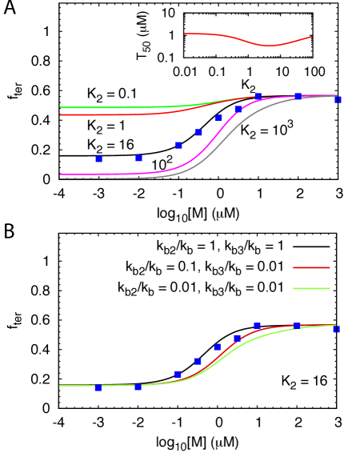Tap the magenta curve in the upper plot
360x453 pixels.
120,174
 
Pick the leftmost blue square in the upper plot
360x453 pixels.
98,159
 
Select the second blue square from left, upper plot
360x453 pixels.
138,158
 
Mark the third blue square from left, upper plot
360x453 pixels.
178,146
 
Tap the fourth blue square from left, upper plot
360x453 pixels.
198,132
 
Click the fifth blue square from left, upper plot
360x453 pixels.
218,118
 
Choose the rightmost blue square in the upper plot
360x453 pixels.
338,100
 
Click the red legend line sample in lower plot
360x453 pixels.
311,267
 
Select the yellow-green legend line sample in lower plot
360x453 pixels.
311,288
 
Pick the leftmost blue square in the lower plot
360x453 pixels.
98,388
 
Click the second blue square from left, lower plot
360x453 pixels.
138,387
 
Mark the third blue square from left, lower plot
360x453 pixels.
178,374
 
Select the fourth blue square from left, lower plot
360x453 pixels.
198,361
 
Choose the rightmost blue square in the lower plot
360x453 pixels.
336,329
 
